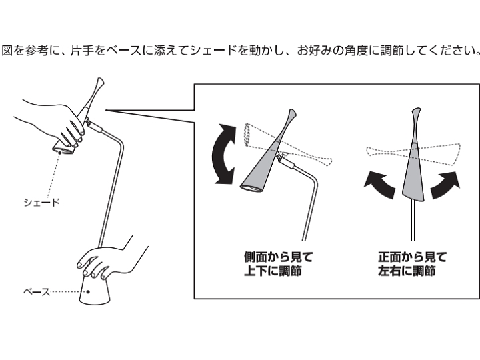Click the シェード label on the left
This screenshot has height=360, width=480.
[41, 203]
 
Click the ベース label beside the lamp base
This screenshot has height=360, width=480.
[37, 292]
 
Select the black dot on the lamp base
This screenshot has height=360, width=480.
[88, 292]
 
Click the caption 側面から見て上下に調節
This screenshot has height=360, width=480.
[278, 264]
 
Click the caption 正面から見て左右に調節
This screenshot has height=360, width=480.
[413, 264]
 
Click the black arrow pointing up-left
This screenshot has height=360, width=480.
[379, 184]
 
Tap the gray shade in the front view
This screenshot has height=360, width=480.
[413, 165]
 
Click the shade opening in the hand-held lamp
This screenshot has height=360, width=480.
[63, 150]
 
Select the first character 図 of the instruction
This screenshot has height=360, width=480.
[7, 51]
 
